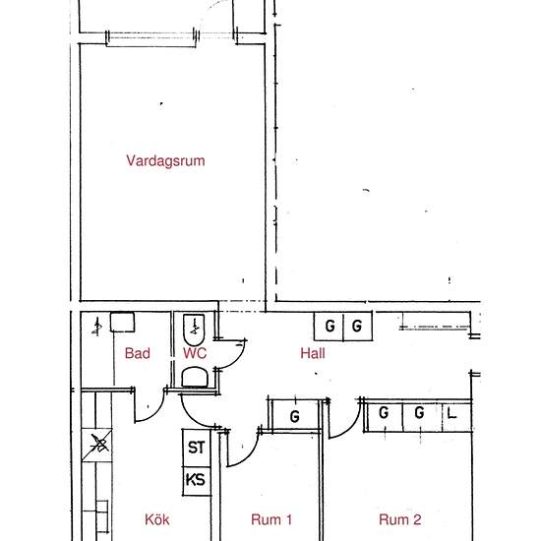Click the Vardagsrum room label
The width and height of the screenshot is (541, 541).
[x=165, y=160]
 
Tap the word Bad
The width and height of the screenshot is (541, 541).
[x=138, y=353]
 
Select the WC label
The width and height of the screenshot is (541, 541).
[x=195, y=353]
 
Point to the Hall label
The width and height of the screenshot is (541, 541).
[x=313, y=353]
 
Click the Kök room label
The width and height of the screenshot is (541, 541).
[x=157, y=519]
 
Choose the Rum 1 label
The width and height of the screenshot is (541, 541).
[x=271, y=519]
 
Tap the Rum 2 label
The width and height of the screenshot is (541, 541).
[x=400, y=519]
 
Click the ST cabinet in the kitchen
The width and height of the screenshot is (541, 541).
[x=197, y=448]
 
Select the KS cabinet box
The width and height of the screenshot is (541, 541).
[x=197, y=481]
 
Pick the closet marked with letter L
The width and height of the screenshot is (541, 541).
[x=456, y=417]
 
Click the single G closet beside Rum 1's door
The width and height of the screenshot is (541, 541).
[x=295, y=415]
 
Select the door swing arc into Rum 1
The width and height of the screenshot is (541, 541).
[x=249, y=456]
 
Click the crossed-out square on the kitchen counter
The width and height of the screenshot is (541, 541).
[x=97, y=445]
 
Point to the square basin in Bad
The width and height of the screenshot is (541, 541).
[x=122, y=323]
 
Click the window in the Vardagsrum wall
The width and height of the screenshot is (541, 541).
[x=151, y=38]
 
